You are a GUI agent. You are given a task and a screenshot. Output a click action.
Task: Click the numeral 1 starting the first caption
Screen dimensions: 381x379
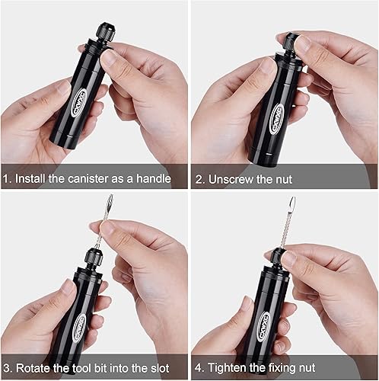pyautogui.click(x=5, y=179)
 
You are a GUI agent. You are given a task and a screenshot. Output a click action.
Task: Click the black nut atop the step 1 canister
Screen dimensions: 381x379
pyautogui.click(x=104, y=34)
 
